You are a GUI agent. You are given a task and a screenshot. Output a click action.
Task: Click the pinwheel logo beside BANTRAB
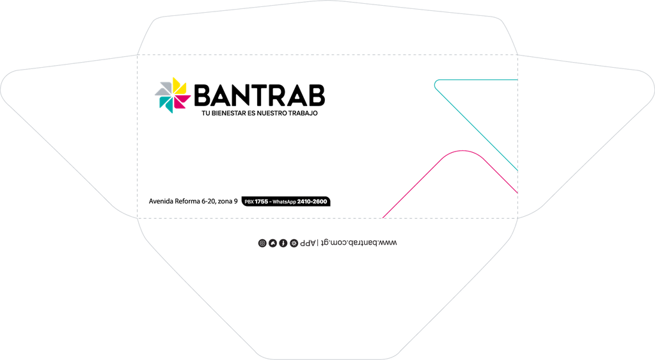(173, 95)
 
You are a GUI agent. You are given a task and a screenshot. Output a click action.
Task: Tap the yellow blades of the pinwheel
(180, 86)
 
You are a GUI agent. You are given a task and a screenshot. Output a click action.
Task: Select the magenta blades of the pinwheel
(182, 102)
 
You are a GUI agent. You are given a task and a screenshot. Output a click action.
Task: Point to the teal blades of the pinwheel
(166, 104)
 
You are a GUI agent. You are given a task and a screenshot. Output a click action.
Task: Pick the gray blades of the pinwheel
(164, 88)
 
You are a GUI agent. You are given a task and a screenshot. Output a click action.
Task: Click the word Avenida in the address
(161, 201)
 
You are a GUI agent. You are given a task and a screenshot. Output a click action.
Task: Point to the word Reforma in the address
(187, 201)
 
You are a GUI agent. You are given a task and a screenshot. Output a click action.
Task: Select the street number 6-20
(209, 201)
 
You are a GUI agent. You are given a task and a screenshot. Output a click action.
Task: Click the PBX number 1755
(262, 201)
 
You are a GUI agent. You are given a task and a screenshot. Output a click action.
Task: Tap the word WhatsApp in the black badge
(284, 201)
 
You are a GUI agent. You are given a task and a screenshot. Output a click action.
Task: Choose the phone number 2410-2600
(312, 201)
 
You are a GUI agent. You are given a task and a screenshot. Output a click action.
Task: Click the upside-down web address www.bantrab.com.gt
(359, 242)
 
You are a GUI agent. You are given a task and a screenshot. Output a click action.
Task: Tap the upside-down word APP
(308, 243)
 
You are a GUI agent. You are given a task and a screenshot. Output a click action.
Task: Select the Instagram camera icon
(262, 243)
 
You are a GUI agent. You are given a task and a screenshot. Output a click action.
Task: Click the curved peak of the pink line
(462, 151)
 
